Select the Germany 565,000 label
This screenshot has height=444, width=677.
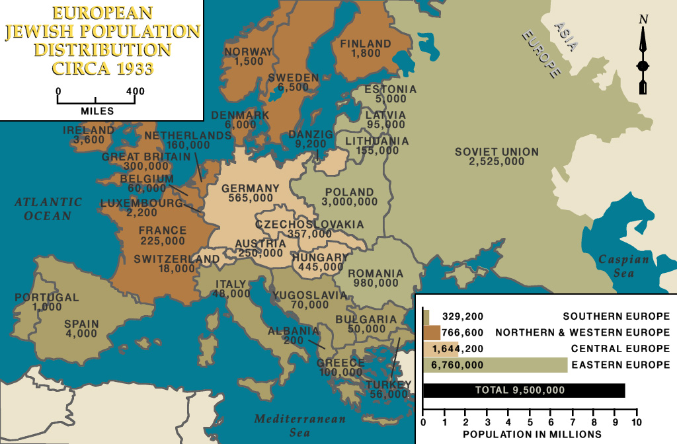click(251, 193)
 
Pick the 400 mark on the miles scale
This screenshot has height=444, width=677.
click(135, 91)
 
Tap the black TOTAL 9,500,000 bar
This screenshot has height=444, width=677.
click(523, 390)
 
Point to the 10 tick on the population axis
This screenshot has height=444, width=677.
click(636, 422)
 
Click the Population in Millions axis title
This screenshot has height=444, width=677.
click(532, 434)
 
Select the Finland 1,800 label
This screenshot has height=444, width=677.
click(366, 48)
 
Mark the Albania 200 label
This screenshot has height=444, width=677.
click(293, 336)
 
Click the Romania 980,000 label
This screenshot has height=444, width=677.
click(376, 278)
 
